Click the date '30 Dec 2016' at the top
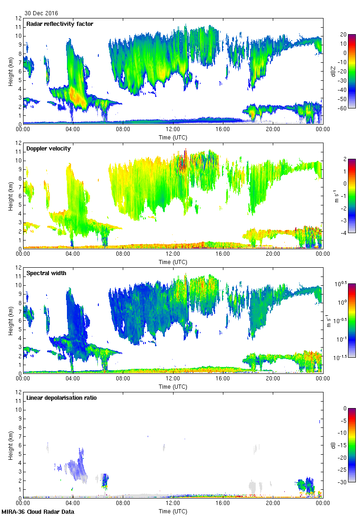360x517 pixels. pos(42,13)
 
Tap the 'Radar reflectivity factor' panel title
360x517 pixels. pos(60,24)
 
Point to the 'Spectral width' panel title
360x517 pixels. pos(46,273)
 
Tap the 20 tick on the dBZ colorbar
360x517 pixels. pos(343,35)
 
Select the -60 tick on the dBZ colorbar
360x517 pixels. pos(343,108)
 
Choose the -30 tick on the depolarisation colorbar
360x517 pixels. pos(343,482)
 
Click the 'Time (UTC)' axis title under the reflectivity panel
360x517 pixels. pos(173,137)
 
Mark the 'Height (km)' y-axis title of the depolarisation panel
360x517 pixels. pos(10,445)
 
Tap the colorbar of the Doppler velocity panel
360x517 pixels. pos(351,196)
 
